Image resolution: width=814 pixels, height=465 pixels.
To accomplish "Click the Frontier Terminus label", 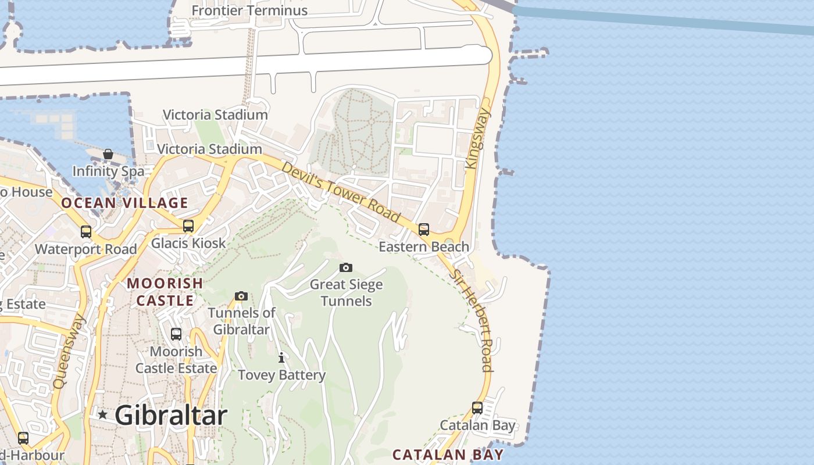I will (x=249, y=10).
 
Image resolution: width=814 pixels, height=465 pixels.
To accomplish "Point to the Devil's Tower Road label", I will (x=341, y=192).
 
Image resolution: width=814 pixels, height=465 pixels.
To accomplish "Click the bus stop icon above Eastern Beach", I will (x=424, y=229).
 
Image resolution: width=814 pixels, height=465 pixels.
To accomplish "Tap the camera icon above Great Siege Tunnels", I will (x=346, y=267).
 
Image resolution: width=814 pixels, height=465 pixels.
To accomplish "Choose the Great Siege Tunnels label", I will (x=346, y=292).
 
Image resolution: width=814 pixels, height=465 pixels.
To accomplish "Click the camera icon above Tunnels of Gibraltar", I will (x=241, y=296).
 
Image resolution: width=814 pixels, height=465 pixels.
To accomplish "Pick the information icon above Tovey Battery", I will (x=281, y=357).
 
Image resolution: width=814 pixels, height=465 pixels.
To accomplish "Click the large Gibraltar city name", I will (x=170, y=415).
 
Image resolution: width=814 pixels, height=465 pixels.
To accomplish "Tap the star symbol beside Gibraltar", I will (x=103, y=414).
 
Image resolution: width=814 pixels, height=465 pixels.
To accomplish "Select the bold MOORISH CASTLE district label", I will (x=165, y=292).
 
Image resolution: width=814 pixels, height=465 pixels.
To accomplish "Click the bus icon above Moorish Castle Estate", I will (x=176, y=334).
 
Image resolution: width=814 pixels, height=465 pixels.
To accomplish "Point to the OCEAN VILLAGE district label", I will (x=124, y=203).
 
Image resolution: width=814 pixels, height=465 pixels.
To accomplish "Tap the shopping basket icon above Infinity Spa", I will (x=108, y=154).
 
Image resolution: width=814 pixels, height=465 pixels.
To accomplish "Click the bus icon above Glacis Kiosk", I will (x=188, y=226).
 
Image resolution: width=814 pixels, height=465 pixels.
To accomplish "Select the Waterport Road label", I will (x=86, y=249).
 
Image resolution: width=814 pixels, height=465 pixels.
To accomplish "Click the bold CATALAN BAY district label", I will (x=448, y=454).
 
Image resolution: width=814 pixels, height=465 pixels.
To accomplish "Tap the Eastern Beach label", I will (x=424, y=246).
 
